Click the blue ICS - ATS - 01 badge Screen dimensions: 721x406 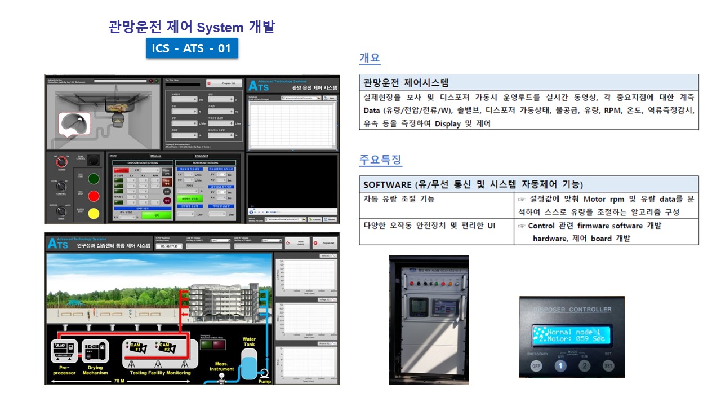click(192, 48)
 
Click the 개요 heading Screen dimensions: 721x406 click(370, 58)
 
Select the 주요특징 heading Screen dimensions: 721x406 click(380, 160)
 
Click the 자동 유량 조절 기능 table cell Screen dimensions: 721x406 click(399, 199)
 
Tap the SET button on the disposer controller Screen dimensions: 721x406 click(608, 365)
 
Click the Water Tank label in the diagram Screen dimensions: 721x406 click(249, 342)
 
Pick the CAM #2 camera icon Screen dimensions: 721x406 click(166, 347)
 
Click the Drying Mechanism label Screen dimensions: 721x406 click(95, 370)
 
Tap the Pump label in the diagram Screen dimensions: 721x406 click(264, 381)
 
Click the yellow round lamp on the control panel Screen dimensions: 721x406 click(94, 214)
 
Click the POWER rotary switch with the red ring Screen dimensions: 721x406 click(62, 162)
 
